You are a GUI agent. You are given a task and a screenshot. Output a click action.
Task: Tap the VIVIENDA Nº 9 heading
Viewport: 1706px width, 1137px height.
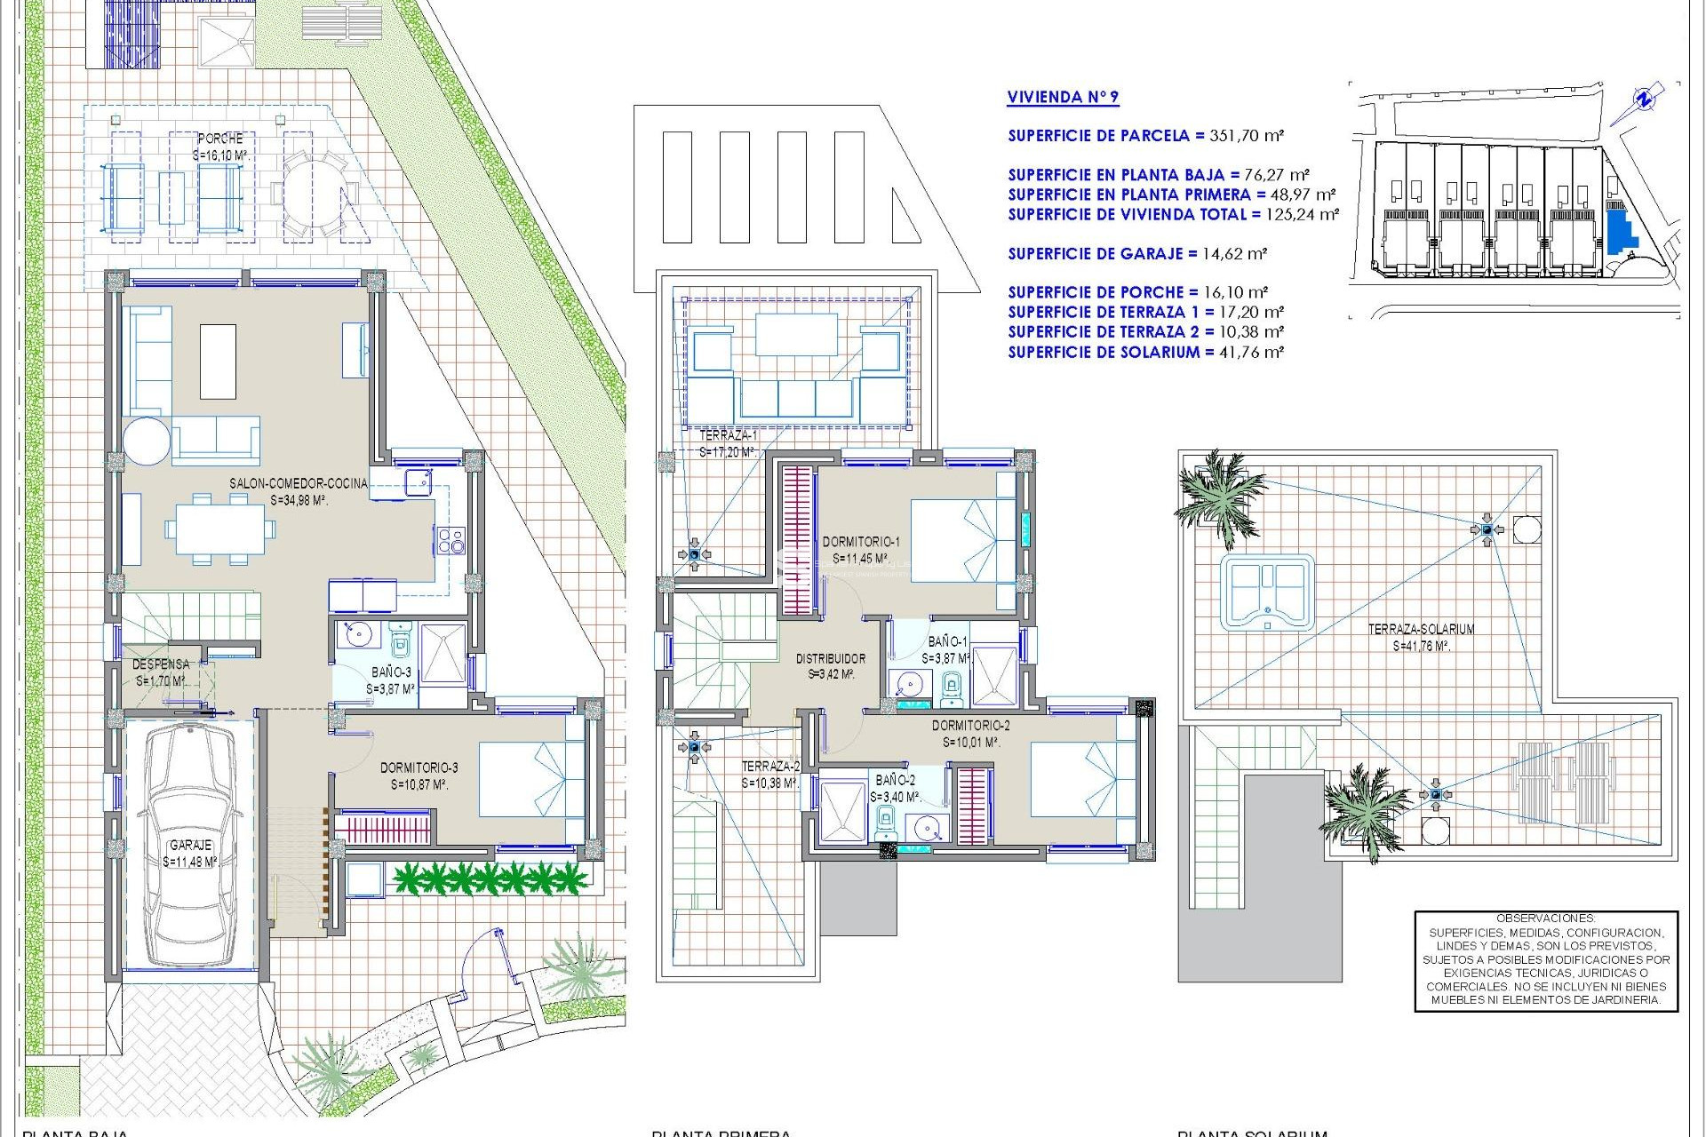tap(1063, 98)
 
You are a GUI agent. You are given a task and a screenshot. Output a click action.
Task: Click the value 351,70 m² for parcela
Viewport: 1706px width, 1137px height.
tap(1244, 136)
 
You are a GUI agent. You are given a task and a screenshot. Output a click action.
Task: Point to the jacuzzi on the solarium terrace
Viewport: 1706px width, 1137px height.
tap(1266, 592)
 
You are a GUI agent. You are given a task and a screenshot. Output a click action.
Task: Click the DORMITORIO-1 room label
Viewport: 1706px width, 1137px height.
tap(861, 541)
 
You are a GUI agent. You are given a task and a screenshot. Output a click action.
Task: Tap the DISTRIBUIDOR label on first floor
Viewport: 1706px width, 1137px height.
tap(830, 658)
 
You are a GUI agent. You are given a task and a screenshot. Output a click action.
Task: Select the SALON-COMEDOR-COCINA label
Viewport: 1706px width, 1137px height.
tap(299, 483)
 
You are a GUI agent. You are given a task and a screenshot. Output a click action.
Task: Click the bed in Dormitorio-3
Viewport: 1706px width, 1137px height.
tap(531, 779)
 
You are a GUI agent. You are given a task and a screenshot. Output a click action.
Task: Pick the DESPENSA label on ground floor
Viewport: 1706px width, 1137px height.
tap(161, 664)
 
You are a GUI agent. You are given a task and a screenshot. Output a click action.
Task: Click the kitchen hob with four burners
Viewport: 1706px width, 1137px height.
tap(450, 540)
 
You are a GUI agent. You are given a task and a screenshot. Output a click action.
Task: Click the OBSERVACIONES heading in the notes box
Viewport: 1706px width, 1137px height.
tap(1545, 918)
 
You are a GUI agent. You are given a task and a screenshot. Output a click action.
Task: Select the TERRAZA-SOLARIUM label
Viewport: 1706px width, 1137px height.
tap(1421, 629)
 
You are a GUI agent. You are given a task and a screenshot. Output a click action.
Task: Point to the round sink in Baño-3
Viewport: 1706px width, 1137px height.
tap(359, 634)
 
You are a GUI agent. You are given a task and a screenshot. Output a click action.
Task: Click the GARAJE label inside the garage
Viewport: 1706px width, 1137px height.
tap(190, 845)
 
